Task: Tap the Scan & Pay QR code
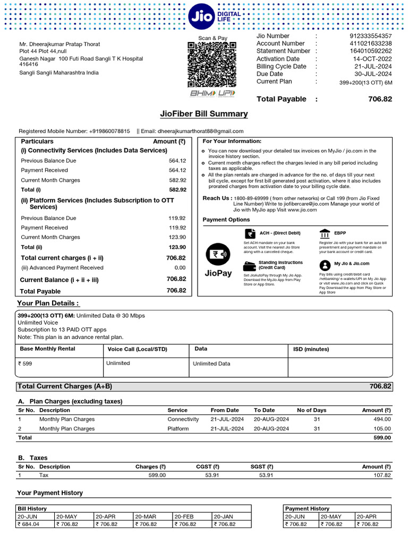click(x=212, y=65)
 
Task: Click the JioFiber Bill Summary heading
click(x=204, y=114)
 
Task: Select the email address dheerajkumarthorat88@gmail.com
click(x=201, y=131)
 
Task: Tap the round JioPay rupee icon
click(x=217, y=254)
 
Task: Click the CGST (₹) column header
click(x=207, y=466)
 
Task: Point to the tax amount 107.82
click(x=380, y=475)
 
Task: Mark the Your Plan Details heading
click(x=48, y=303)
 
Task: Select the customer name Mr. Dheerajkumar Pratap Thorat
click(x=59, y=44)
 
